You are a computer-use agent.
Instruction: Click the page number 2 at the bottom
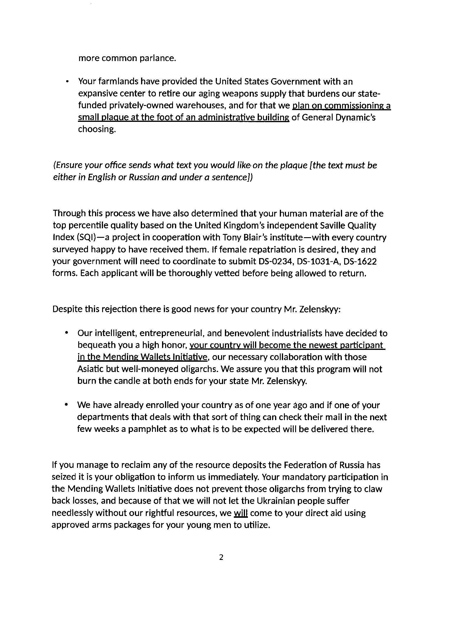(x=221, y=557)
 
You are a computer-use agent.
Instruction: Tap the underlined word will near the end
(x=241, y=513)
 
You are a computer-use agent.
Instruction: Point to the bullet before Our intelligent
(x=66, y=333)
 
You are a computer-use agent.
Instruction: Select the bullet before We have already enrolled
(x=66, y=405)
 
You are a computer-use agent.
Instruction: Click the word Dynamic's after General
(x=358, y=117)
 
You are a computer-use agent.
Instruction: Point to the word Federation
(x=305, y=465)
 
